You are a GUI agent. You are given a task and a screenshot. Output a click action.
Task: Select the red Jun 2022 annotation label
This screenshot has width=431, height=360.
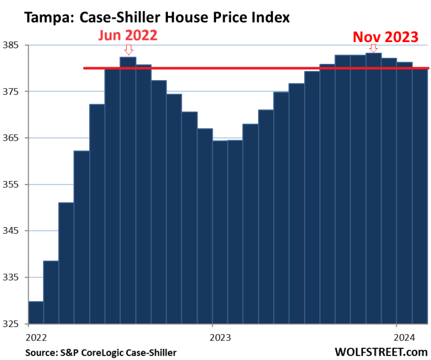128,35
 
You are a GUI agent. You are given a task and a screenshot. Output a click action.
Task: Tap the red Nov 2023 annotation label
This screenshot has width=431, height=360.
385,37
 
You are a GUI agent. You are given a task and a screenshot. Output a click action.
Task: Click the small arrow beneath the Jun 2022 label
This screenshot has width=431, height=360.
129,50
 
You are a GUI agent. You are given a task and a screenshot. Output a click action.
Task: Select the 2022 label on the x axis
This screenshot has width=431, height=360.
35,338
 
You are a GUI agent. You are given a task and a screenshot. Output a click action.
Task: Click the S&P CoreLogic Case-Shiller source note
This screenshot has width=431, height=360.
100,352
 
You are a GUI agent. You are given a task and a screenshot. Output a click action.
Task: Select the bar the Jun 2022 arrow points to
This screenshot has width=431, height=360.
128,191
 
